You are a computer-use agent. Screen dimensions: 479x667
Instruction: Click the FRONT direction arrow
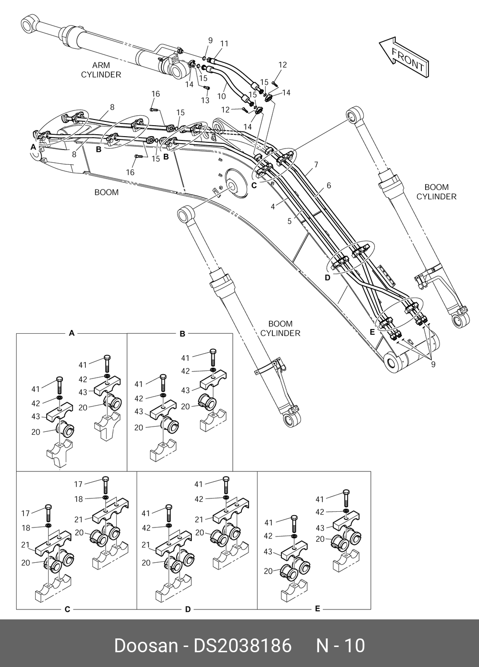click(x=404, y=58)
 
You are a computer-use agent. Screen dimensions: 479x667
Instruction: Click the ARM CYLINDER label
click(x=101, y=70)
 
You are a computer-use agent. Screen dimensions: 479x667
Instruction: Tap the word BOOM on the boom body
click(x=106, y=192)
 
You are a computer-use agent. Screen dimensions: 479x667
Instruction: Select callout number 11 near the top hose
click(x=224, y=44)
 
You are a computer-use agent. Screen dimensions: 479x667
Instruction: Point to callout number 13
click(x=205, y=100)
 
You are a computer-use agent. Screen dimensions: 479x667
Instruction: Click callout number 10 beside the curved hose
click(x=221, y=96)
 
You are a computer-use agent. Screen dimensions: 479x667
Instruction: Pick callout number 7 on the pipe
click(x=316, y=165)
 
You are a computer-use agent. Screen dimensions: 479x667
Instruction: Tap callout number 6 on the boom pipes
click(x=329, y=186)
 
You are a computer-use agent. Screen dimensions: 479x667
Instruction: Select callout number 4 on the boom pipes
click(x=273, y=206)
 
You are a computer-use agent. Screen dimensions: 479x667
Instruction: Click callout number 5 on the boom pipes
click(x=289, y=221)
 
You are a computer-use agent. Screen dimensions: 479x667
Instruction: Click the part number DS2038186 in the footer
click(x=242, y=646)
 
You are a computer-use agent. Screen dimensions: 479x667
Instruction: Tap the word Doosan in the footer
click(x=146, y=646)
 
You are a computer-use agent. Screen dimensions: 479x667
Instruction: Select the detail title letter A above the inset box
click(x=71, y=333)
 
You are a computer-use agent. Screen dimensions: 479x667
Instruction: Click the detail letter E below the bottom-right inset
click(x=318, y=608)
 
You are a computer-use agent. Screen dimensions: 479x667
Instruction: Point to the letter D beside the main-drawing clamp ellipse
click(x=328, y=278)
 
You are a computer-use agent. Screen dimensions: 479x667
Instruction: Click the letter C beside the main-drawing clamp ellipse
click(x=254, y=186)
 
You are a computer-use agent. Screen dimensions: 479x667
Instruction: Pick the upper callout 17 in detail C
click(x=78, y=485)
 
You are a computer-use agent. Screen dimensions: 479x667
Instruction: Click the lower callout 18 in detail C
click(x=26, y=528)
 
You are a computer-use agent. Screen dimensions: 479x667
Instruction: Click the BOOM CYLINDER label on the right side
click(x=436, y=192)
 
